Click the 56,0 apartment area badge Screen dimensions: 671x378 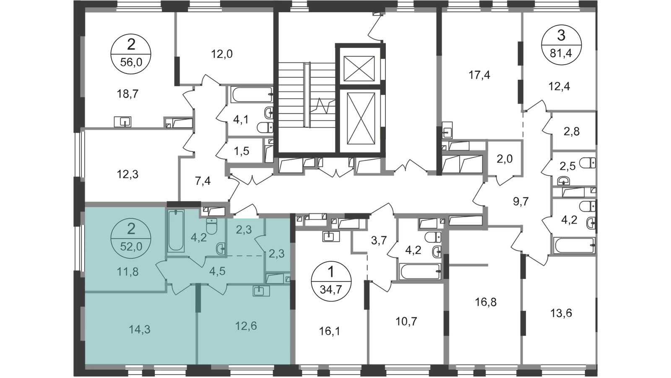[x=131, y=54]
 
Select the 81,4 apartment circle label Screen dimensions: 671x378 [x=561, y=45]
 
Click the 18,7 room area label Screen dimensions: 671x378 [x=127, y=94]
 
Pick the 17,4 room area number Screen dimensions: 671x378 [x=479, y=75]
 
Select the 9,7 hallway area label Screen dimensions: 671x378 [x=520, y=201]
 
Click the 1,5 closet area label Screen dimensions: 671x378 [x=242, y=152]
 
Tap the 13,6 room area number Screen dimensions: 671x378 [x=561, y=313]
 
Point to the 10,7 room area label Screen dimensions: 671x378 [x=406, y=322]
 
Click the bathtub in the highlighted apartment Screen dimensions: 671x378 [x=176, y=231]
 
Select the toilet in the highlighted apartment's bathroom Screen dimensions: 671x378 [x=211, y=226]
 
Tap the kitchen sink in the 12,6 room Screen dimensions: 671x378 [x=261, y=291]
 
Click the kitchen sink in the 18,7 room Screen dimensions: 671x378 [x=122, y=122]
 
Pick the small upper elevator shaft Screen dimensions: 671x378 [x=359, y=69]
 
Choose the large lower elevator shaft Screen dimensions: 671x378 [x=361, y=118]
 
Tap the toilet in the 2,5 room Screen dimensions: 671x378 [x=588, y=163]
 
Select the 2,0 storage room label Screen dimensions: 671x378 [x=505, y=159]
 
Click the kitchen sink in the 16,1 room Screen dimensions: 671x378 [x=331, y=236]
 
